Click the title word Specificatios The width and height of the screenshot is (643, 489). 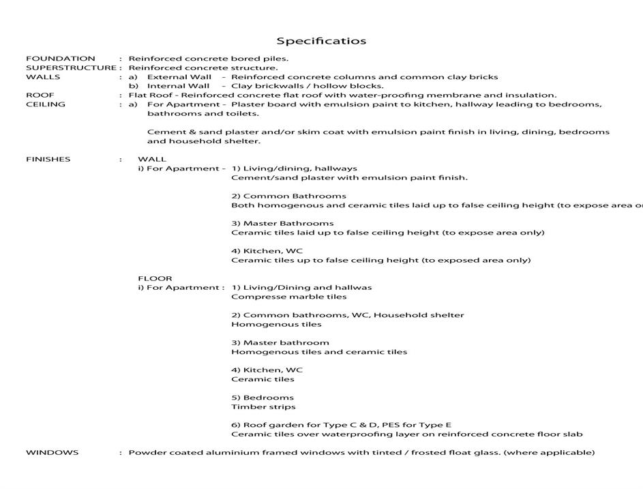click(x=321, y=41)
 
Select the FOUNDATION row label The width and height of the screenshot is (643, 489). click(x=61, y=59)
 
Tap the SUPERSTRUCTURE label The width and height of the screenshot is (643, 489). click(x=71, y=68)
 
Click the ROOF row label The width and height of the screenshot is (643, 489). click(x=40, y=95)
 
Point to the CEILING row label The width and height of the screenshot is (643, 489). click(x=46, y=104)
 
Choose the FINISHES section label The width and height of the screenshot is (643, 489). click(x=48, y=160)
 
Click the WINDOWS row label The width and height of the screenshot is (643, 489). click(x=52, y=452)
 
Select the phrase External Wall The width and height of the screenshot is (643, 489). click(x=179, y=77)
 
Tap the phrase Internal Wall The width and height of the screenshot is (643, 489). click(x=179, y=87)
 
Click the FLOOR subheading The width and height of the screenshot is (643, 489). click(x=155, y=278)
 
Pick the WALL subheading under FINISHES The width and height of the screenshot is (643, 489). click(x=151, y=160)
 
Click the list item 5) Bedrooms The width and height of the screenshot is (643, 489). click(x=263, y=398)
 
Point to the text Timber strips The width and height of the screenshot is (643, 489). click(x=263, y=407)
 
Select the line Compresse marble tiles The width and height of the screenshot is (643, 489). click(x=288, y=297)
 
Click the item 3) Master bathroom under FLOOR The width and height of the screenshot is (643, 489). click(x=280, y=343)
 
